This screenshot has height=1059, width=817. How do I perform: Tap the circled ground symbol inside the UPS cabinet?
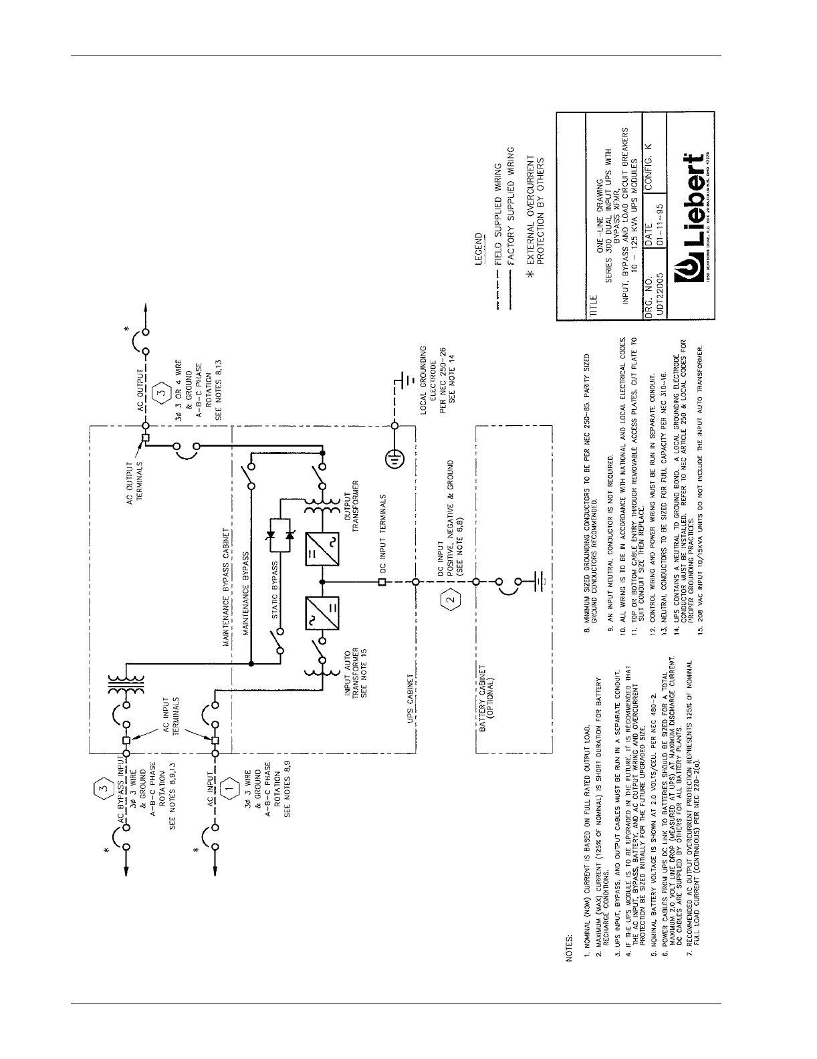click(x=394, y=459)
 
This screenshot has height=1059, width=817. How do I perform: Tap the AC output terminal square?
click(x=145, y=439)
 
